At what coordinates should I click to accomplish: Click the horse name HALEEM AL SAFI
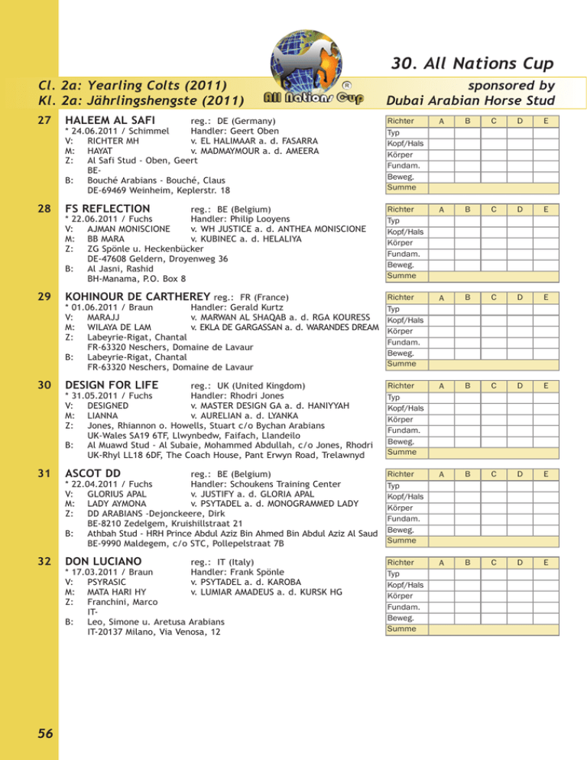point(111,121)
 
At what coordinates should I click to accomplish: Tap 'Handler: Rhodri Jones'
point(236,398)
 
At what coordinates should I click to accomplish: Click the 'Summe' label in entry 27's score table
point(400,187)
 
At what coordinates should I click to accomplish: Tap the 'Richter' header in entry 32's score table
point(401,563)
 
